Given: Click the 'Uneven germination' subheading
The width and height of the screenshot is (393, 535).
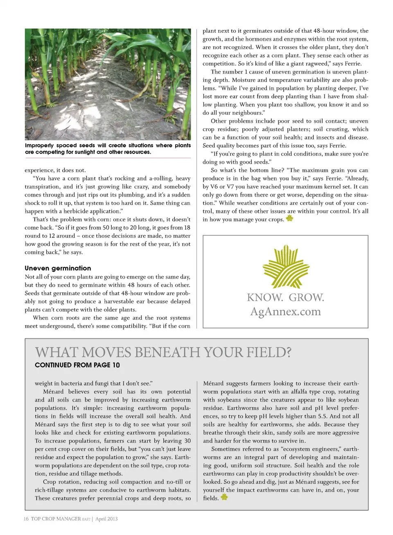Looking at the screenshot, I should (x=58, y=268).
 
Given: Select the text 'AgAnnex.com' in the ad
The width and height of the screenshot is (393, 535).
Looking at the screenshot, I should (x=285, y=312).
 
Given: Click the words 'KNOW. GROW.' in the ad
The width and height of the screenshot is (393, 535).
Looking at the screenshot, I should (x=285, y=297).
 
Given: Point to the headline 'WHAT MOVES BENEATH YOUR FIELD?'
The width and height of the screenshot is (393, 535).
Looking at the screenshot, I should (x=163, y=353).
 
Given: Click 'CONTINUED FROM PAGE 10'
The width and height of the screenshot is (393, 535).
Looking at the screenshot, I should (x=77, y=365).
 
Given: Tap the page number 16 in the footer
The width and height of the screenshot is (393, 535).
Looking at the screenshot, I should (x=26, y=519).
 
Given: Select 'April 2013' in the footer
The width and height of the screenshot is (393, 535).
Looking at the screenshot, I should (x=106, y=519).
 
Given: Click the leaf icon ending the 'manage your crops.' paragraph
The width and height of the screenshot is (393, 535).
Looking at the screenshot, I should (x=289, y=219).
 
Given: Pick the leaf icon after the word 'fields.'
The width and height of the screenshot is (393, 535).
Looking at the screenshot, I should (x=224, y=497).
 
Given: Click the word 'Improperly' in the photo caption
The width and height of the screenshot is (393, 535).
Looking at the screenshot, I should (x=39, y=146).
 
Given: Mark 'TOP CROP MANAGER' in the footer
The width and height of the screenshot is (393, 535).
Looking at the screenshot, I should (x=56, y=519).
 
